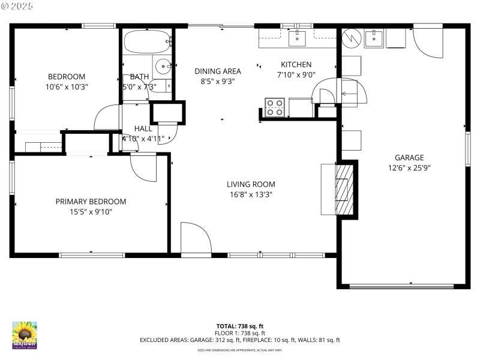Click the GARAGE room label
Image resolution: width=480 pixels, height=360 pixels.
[x=409, y=158]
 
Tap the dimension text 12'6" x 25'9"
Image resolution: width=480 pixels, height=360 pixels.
[x=409, y=169]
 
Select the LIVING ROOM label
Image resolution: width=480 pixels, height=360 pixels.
[x=251, y=184]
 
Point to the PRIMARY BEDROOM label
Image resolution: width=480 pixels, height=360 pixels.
[x=91, y=202]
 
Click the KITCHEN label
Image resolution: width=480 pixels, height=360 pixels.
[x=296, y=65]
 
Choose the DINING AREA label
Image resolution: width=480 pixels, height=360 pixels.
[x=218, y=71]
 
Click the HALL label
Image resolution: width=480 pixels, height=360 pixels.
[x=143, y=128]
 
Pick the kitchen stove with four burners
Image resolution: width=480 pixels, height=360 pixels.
[x=275, y=107]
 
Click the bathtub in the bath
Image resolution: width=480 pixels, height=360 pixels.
[x=147, y=41]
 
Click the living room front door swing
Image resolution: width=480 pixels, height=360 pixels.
[x=195, y=238]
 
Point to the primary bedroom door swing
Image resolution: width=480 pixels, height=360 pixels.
[x=143, y=167]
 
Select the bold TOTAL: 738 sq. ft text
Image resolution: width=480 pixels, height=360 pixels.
[x=239, y=326]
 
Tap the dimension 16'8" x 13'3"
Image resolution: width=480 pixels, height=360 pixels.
[x=251, y=194]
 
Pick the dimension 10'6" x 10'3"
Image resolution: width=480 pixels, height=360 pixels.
[x=67, y=86]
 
